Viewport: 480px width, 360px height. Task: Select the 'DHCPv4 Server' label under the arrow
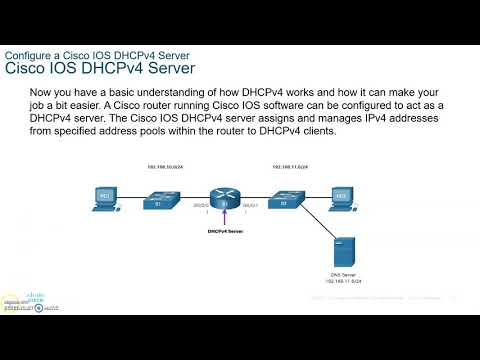(224, 232)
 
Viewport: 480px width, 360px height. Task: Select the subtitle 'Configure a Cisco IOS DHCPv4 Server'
(98, 53)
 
